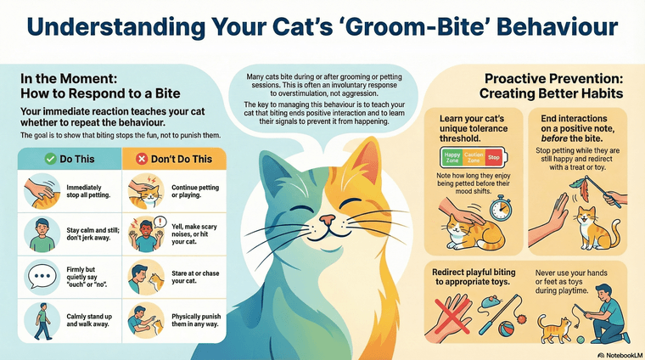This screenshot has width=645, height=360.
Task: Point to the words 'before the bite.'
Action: point(577,140)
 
